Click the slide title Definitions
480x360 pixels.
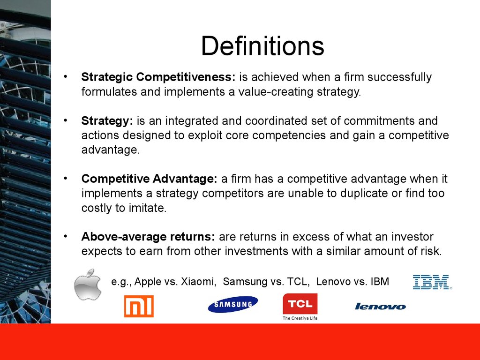262,46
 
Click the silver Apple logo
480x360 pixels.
88,285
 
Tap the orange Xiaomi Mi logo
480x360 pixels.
139,306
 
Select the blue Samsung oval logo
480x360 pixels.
233,304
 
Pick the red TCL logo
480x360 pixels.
300,304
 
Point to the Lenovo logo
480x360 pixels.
381,307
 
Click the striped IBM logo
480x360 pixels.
432,282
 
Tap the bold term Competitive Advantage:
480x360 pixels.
150,179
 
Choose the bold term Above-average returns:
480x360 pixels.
148,237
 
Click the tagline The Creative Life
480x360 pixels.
300,318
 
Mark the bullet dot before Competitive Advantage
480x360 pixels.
65,178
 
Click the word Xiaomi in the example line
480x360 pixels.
199,282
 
